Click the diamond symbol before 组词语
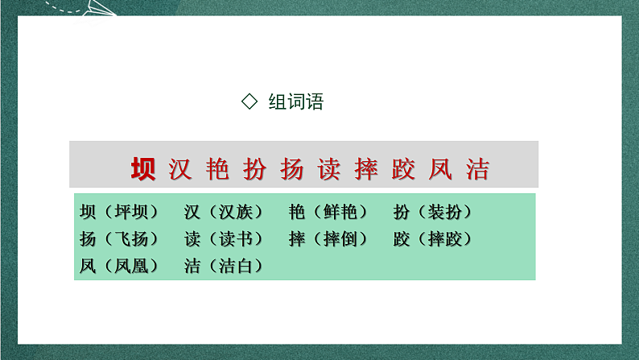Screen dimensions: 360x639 (249, 101)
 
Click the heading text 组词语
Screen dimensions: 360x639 (295, 102)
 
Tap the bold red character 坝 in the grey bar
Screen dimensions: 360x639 (145, 168)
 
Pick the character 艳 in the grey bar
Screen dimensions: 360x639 (216, 168)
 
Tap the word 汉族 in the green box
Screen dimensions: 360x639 (234, 212)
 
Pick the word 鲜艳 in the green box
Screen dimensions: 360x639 (339, 212)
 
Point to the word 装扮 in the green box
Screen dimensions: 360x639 (443, 212)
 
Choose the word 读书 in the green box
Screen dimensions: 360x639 (234, 238)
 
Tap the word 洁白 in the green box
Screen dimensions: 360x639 (234, 265)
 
